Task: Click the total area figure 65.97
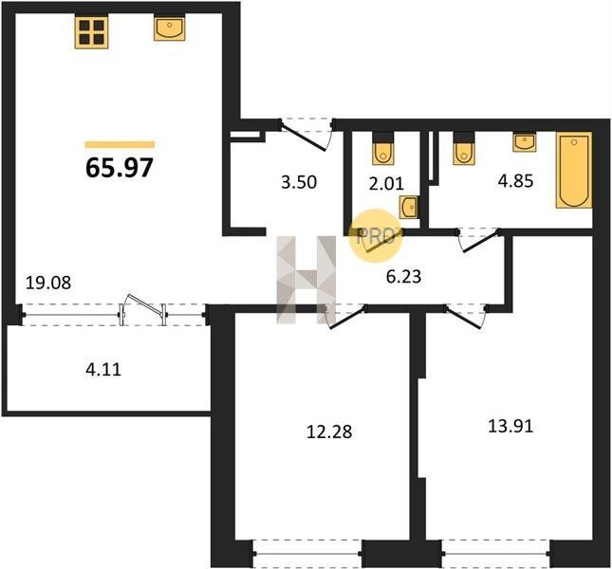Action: [x=119, y=168]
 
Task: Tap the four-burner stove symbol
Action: [x=92, y=32]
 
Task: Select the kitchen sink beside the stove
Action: [x=170, y=28]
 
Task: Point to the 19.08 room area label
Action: [x=48, y=283]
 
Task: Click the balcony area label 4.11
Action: [x=103, y=369]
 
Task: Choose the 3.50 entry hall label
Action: [x=299, y=182]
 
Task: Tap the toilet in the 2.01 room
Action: [x=382, y=149]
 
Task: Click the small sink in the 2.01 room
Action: [x=408, y=207]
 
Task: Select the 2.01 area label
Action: [x=386, y=183]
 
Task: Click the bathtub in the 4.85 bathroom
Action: [x=574, y=171]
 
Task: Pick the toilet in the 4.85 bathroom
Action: [x=464, y=149]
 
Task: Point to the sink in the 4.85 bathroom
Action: [x=525, y=142]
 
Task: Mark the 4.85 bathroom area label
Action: [x=515, y=181]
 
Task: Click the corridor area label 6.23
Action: [x=403, y=277]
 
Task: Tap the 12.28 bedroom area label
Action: [x=329, y=431]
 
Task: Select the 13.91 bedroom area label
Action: [x=510, y=426]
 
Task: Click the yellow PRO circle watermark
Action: [x=376, y=235]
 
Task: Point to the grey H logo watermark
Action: [x=306, y=280]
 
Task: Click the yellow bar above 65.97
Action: [x=120, y=145]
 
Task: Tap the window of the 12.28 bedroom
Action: [x=308, y=554]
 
